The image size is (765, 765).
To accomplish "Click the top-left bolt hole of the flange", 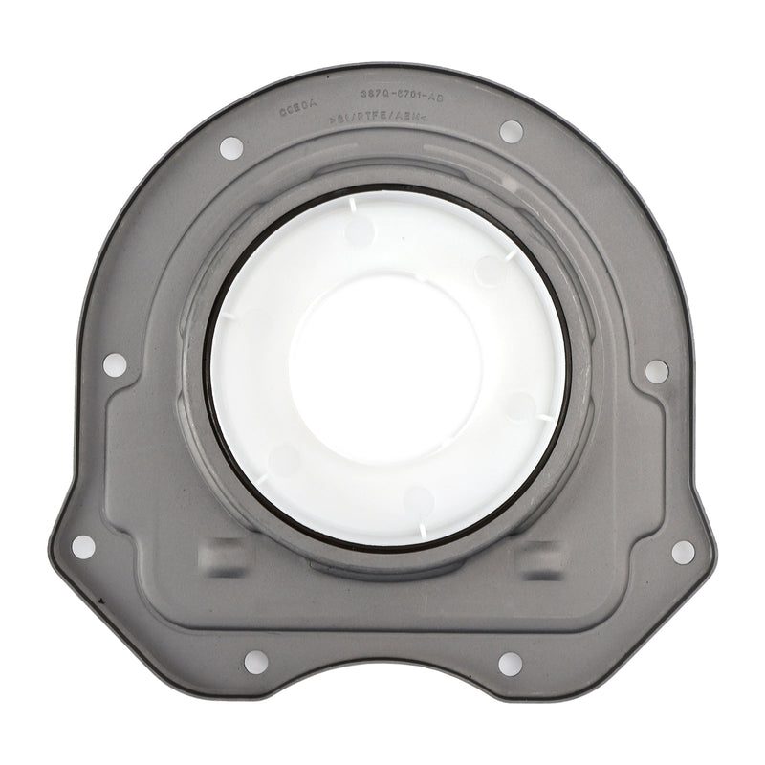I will pos(231,148).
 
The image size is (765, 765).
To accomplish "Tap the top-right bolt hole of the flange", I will pos(512,129).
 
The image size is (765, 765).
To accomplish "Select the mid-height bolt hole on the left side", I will pos(113,364).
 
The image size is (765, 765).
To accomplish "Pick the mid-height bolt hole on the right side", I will pos(658,370).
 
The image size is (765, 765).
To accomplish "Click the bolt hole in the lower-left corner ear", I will pos(83,546).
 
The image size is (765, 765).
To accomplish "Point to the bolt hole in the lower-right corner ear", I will pos(684,550).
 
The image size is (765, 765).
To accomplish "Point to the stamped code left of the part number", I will pos(298,110).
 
